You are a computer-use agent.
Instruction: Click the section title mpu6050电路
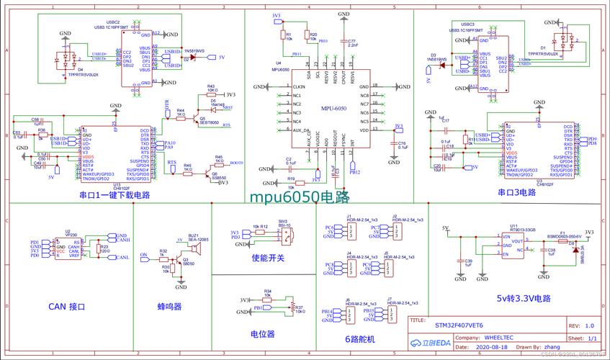[299, 197]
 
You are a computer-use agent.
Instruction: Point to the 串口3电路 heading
[516, 192]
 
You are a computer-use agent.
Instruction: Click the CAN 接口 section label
[67, 307]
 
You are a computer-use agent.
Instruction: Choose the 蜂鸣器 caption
[170, 306]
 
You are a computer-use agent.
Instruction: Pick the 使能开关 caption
[268, 258]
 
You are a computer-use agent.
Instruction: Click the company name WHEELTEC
[498, 336]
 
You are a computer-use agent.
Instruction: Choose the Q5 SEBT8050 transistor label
[210, 121]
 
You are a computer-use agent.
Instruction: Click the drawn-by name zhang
[552, 347]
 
